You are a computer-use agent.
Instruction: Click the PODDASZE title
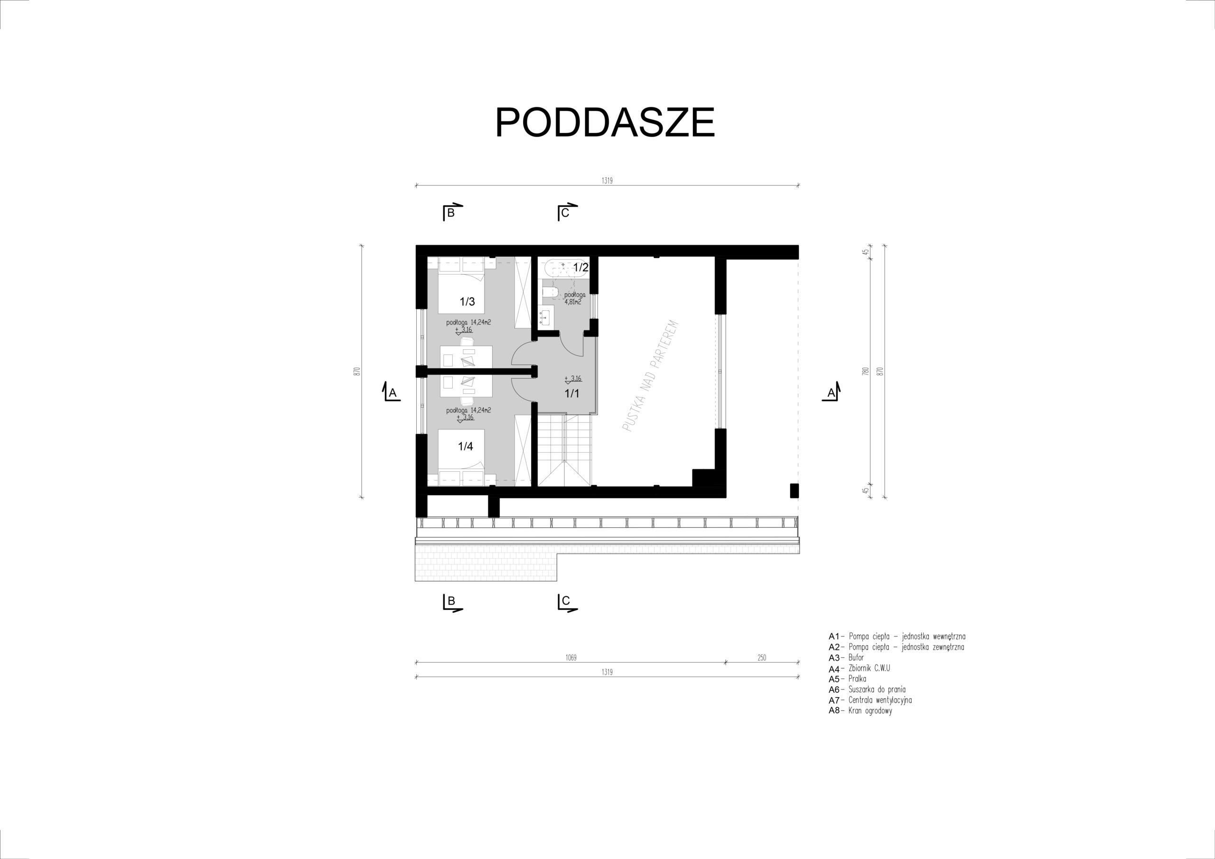(605, 122)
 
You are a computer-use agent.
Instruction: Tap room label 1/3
(467, 302)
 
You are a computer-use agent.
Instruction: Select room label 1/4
(465, 446)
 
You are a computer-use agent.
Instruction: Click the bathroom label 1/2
(581, 267)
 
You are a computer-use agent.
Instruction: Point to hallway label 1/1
(572, 393)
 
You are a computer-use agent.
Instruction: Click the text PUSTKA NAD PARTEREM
(650, 376)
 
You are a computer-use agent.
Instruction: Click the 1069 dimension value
(570, 658)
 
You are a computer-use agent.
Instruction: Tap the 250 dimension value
(761, 658)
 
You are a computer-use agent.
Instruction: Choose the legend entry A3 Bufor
(846, 657)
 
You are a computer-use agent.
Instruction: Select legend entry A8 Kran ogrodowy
(860, 711)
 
